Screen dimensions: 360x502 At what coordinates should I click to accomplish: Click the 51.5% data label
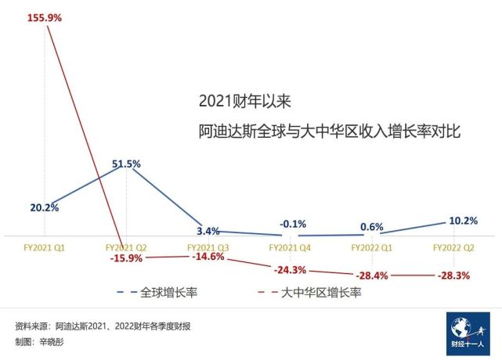click(x=126, y=164)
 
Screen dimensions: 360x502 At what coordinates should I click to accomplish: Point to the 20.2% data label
click(x=45, y=207)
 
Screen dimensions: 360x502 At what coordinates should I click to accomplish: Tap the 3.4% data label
click(x=208, y=231)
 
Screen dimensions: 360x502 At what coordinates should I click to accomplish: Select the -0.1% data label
click(x=293, y=224)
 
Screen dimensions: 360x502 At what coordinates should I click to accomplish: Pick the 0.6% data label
click(x=372, y=227)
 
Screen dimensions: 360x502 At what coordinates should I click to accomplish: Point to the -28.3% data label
click(x=456, y=275)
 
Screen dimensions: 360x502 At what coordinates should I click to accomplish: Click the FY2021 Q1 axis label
click(x=44, y=247)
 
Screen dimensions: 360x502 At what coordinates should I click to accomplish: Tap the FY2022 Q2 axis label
click(x=455, y=247)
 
